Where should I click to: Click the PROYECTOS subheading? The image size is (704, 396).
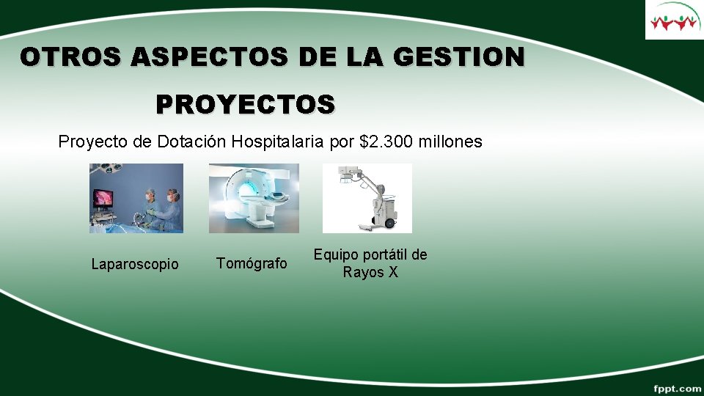coord(246,104)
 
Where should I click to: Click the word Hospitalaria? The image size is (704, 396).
coord(279,142)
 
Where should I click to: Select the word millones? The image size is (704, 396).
coord(450,142)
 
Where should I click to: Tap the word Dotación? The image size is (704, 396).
coord(191,142)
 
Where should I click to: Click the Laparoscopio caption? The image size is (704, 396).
coord(135,264)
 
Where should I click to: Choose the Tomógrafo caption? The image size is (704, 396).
coord(252,263)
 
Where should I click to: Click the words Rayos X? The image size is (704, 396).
coord(370,273)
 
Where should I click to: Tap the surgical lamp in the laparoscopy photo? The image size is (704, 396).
coord(110,169)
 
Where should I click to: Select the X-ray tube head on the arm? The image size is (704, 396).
coord(345,174)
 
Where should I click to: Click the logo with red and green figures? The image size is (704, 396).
coord(673,20)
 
